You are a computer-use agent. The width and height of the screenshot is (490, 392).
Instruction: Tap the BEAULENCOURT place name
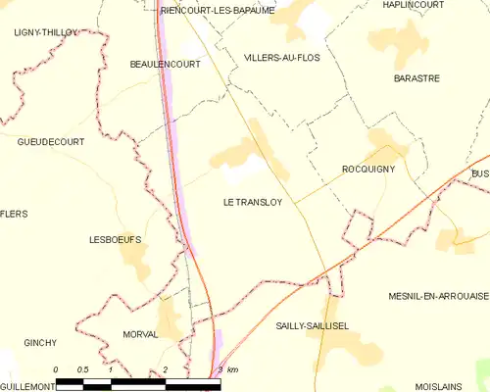coord(165,64)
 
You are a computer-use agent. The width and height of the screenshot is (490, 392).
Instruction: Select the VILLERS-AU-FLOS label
coord(281,58)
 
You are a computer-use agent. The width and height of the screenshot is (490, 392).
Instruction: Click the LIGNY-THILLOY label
coord(45,32)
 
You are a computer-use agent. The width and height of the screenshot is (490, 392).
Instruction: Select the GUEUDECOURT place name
coord(50,142)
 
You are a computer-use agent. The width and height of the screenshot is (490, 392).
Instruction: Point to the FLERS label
coord(15,214)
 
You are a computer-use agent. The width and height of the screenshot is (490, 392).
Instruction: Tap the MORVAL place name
coord(141,334)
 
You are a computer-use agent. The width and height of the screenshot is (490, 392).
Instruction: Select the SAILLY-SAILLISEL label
coord(312,324)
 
